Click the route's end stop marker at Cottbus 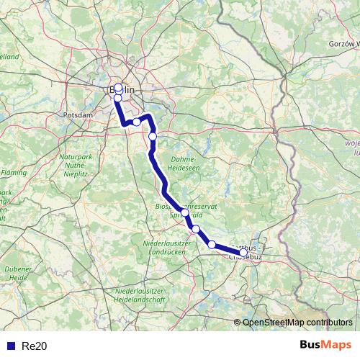(243, 252)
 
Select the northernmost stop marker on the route (118, 89)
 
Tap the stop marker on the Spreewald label (185, 212)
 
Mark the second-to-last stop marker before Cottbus (195, 229)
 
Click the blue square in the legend (9, 346)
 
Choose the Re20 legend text (34, 346)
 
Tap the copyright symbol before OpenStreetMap (238, 322)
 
